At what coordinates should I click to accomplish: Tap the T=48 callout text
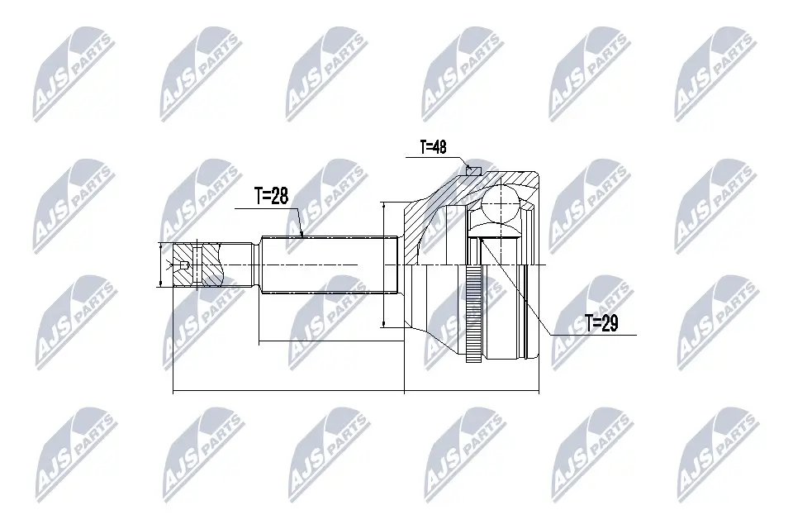433,148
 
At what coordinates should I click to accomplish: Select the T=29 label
601,323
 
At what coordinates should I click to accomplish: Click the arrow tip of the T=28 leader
303,236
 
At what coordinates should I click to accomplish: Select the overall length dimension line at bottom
355,391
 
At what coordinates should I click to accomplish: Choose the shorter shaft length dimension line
330,341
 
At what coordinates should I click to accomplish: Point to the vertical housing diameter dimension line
385,264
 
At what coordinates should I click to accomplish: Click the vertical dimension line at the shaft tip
159,264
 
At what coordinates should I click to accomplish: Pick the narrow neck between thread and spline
244,264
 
